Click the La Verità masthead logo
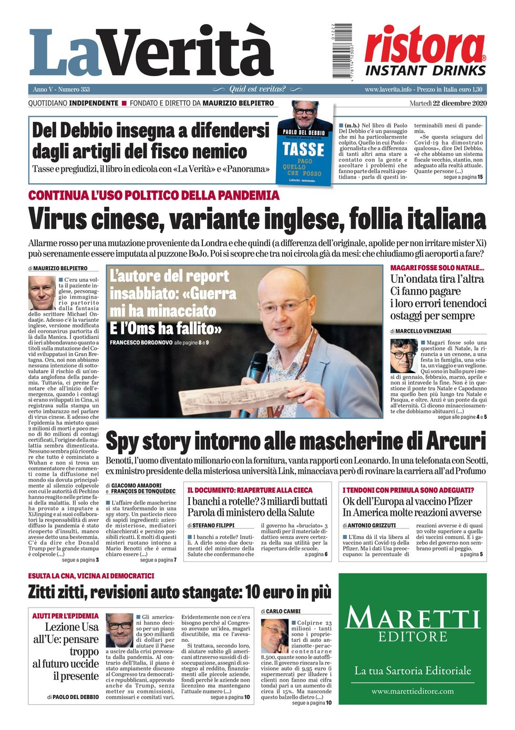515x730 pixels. pyautogui.click(x=151, y=52)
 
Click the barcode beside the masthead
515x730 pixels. pyautogui.click(x=342, y=51)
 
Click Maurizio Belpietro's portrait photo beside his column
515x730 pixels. pyautogui.click(x=42, y=293)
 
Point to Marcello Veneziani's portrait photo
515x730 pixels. pyautogui.click(x=404, y=356)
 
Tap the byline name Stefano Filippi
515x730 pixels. pyautogui.click(x=213, y=525)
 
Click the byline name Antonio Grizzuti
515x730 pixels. pyautogui.click(x=372, y=525)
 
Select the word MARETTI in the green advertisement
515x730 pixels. pyautogui.click(x=413, y=618)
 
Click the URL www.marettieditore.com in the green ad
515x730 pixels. pyautogui.click(x=413, y=691)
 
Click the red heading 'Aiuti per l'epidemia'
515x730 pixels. pyautogui.click(x=65, y=616)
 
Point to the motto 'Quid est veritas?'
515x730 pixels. pyautogui.click(x=257, y=90)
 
